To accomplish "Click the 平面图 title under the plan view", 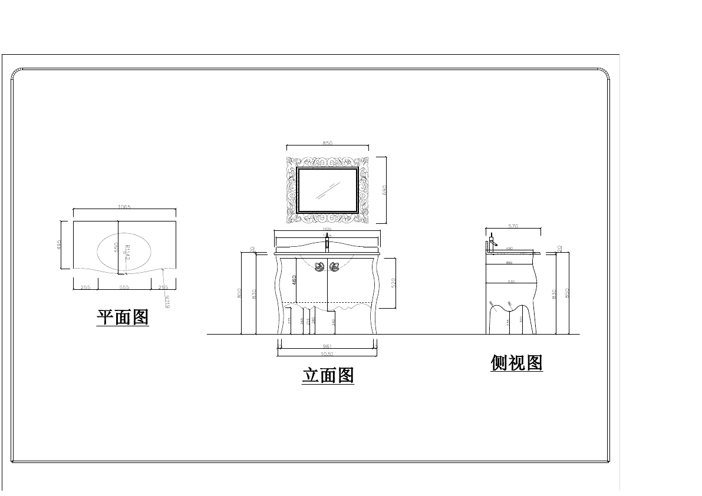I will click(x=123, y=318).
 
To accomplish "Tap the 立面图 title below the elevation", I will click(x=328, y=375).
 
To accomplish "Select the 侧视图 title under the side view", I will click(x=516, y=363).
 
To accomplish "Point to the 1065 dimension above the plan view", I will click(x=124, y=207).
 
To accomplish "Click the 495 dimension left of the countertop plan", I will click(x=60, y=244).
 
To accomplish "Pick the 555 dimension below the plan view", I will click(x=124, y=287).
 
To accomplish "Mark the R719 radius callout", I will click(x=167, y=301).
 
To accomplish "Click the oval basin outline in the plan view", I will click(x=98, y=252).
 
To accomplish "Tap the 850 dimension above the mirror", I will click(x=328, y=143).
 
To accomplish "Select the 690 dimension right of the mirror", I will click(x=384, y=190).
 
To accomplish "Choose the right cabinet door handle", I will click(x=335, y=266).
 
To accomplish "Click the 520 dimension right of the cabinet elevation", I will click(x=393, y=283).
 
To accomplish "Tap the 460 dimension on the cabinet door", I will click(x=294, y=280).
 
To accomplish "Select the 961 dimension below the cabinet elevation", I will click(x=327, y=346).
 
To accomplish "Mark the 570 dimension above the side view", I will click(x=513, y=226).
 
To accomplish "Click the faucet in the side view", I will click(x=492, y=242).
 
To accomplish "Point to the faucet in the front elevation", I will click(x=327, y=243).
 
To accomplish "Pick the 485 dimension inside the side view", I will click(x=509, y=263).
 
